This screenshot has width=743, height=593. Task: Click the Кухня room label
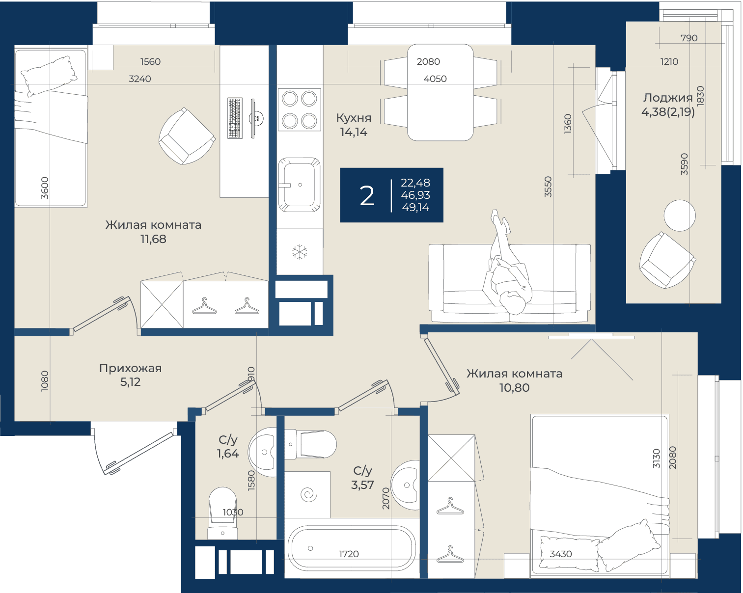[354, 118]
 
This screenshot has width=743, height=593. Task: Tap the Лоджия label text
[668, 98]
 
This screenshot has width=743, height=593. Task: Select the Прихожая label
[130, 368]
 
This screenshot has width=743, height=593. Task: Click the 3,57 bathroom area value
[362, 485]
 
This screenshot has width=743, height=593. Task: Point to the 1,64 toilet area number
[228, 454]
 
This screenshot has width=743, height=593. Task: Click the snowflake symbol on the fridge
[300, 252]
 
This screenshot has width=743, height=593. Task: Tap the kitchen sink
[300, 185]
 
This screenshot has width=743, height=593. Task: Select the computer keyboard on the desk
[235, 118]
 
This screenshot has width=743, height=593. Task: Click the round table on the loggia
[680, 216]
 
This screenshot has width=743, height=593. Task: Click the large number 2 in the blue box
[367, 196]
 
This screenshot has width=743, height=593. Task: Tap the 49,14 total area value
[415, 208]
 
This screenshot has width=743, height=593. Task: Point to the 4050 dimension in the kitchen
[435, 79]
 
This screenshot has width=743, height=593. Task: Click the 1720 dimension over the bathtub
[349, 554]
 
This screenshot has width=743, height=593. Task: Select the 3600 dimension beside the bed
[45, 188]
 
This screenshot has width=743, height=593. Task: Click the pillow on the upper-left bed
[49, 76]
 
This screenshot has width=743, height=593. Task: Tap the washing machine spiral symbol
[308, 494]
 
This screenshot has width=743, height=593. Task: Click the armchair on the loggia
[667, 260]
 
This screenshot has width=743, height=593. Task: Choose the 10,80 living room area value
[514, 388]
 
